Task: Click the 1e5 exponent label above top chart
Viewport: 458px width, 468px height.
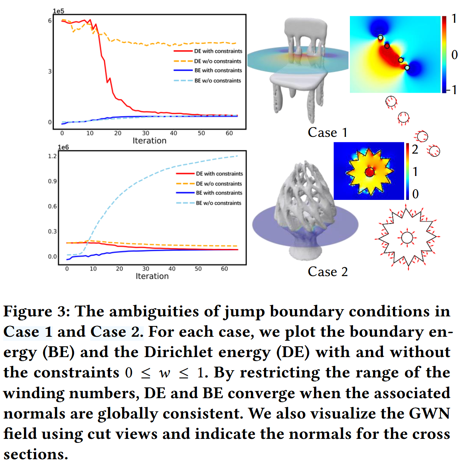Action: point(58,11)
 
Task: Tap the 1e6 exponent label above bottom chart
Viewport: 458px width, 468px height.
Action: point(63,147)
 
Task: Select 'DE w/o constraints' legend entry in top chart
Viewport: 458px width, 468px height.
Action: point(217,61)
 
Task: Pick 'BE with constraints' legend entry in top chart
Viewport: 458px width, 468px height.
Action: point(218,70)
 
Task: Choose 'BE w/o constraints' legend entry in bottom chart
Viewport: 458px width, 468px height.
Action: point(218,203)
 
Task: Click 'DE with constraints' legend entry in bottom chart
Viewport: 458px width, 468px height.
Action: point(219,174)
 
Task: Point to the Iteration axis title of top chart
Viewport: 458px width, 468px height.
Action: point(149,140)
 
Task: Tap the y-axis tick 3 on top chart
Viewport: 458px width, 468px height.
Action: point(50,71)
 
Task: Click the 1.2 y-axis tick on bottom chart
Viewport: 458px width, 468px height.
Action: point(52,156)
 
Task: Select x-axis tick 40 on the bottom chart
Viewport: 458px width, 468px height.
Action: point(172,269)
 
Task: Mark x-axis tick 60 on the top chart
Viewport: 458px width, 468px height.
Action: point(229,133)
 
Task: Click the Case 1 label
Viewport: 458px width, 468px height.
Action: point(328,132)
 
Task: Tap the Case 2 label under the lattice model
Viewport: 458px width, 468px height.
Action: point(328,272)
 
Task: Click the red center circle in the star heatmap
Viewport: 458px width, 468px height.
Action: point(370,172)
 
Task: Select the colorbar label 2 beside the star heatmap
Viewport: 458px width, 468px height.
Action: point(415,150)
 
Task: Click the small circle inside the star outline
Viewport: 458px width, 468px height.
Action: point(407,238)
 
